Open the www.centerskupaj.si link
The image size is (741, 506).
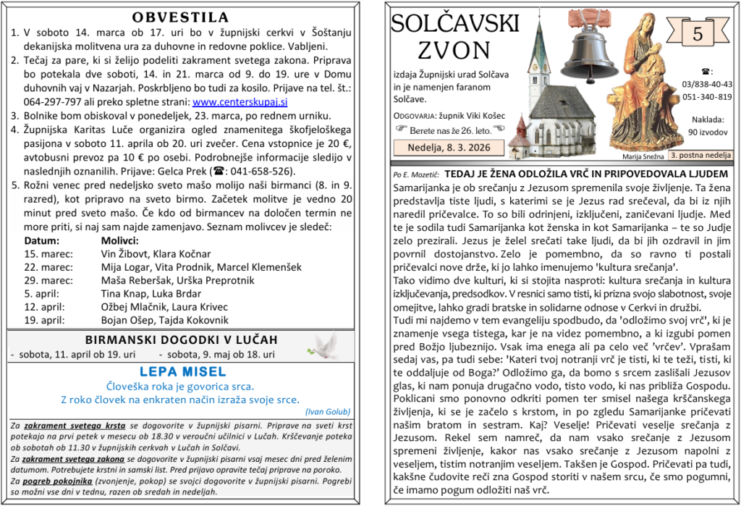pyautogui.click(x=240, y=102)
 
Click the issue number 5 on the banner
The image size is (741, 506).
pyautogui.click(x=698, y=33)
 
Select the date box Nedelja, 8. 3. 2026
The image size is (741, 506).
pyautogui.click(x=443, y=148)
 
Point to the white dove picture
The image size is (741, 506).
pyautogui.click(x=323, y=346)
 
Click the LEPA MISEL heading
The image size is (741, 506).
pyautogui.click(x=182, y=371)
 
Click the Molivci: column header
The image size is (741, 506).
pyautogui.click(x=120, y=240)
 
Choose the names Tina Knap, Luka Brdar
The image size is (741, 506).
pyautogui.click(x=151, y=293)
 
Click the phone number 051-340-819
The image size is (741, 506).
pyautogui.click(x=707, y=97)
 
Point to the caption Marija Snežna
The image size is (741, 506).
pyautogui.click(x=643, y=156)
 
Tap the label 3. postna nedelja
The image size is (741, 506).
pyautogui.click(x=700, y=155)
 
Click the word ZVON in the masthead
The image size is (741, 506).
pyautogui.click(x=444, y=50)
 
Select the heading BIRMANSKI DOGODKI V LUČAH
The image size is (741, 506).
pyautogui.click(x=181, y=340)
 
